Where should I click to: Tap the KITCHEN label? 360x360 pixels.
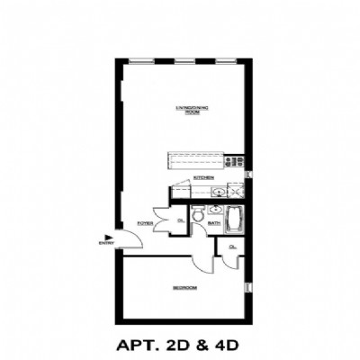[202, 177]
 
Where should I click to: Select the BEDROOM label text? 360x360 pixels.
[184, 288]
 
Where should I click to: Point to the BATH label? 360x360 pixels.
[214, 222]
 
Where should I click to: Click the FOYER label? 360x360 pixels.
[144, 222]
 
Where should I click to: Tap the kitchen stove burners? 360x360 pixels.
[236, 162]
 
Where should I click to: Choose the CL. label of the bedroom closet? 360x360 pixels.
[232, 247]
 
